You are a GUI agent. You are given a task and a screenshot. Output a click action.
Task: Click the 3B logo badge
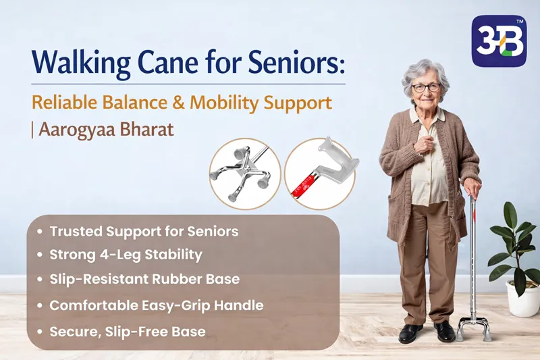tap(498, 41)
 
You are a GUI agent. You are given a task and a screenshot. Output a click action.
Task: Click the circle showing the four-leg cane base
tap(243, 172)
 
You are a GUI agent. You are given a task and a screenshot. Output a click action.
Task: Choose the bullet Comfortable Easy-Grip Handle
tap(156, 305)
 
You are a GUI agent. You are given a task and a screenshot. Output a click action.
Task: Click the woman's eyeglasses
tap(426, 88)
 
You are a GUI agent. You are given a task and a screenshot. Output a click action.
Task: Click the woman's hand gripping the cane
tap(471, 188)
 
